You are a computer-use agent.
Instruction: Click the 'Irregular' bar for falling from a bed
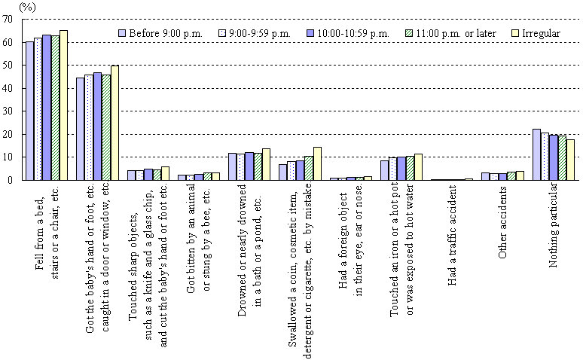(x=63, y=105)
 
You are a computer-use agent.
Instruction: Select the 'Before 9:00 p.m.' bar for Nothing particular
(x=536, y=154)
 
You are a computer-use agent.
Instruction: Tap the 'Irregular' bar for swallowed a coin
(x=316, y=163)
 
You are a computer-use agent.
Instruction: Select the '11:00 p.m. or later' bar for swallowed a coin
(x=308, y=168)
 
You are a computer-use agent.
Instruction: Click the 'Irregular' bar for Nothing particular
(x=569, y=160)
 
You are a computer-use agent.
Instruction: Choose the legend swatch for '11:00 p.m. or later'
(x=411, y=33)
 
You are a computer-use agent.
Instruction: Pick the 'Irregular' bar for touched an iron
(x=418, y=167)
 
